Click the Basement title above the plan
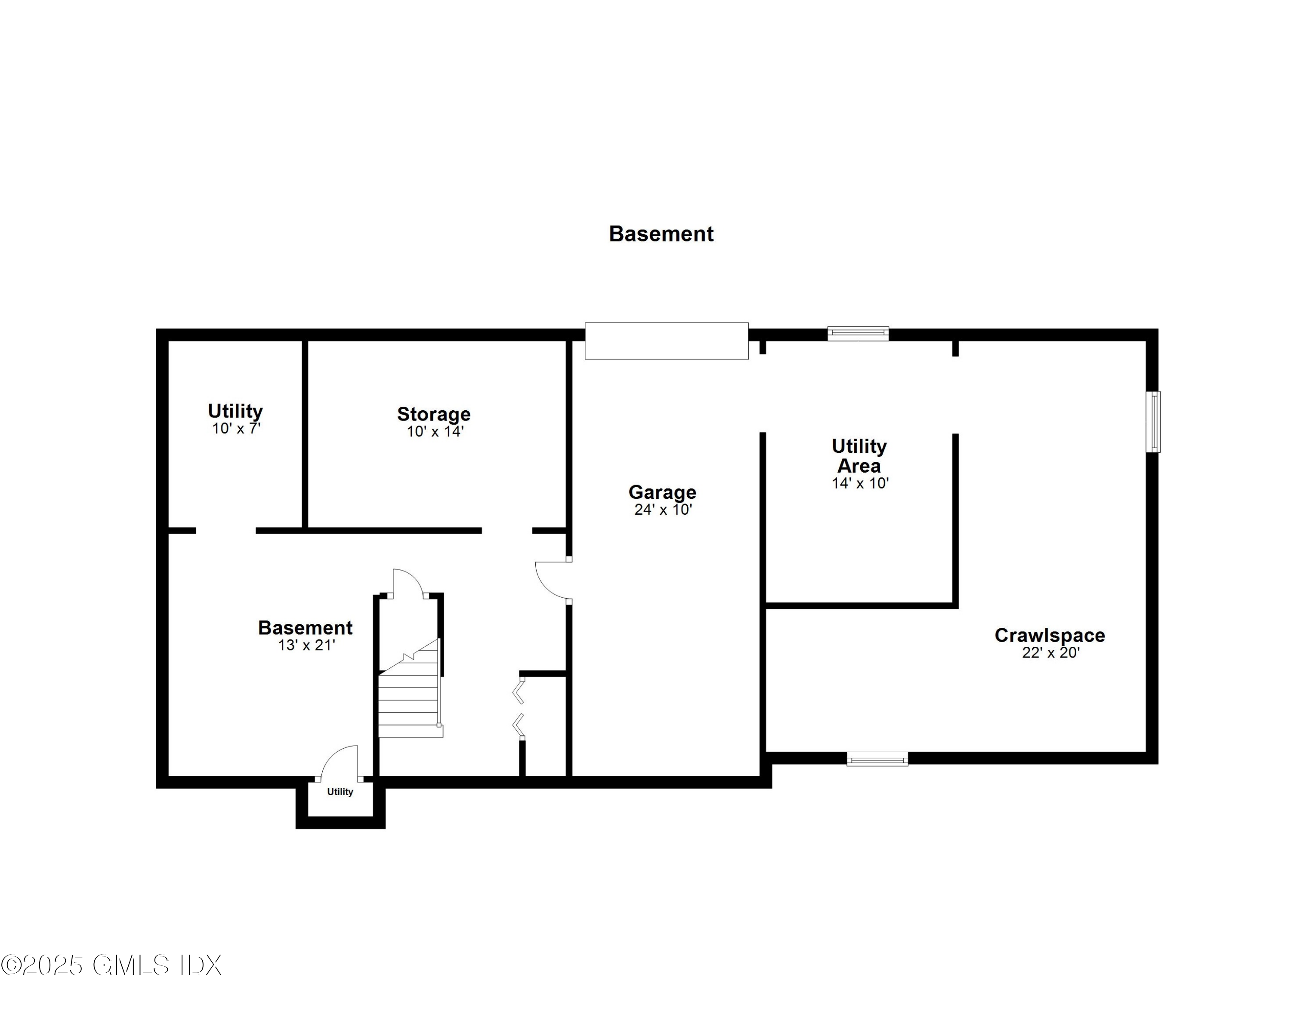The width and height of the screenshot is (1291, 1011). click(661, 234)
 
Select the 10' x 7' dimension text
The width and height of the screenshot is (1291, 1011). click(236, 429)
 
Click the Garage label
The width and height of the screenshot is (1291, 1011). click(662, 492)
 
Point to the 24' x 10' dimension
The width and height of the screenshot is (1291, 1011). click(663, 510)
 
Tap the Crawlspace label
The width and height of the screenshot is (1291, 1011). click(1050, 635)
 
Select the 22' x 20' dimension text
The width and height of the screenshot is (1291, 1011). click(1050, 653)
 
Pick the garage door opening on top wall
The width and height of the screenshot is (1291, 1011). click(666, 341)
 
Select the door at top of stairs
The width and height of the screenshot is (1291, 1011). click(408, 583)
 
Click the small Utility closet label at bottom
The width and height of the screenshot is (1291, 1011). click(340, 792)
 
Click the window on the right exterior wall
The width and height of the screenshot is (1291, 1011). click(1152, 422)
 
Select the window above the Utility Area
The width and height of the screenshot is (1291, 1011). click(858, 334)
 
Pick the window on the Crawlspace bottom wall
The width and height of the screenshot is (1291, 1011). click(877, 759)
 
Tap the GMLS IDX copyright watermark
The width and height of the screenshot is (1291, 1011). click(111, 965)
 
